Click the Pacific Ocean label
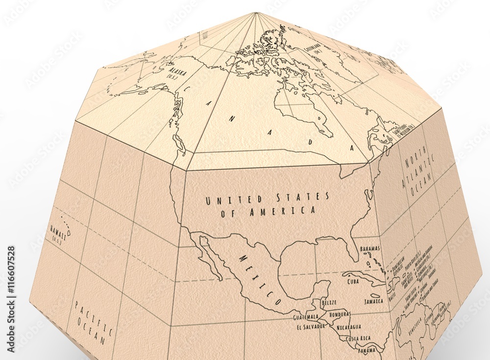(x=92, y=321)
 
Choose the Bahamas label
(x=369, y=249)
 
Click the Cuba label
(x=353, y=282)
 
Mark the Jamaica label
(x=373, y=301)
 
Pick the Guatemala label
(x=305, y=317)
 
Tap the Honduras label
(x=340, y=314)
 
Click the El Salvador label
(x=311, y=326)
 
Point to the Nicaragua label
(x=348, y=327)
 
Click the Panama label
(x=367, y=350)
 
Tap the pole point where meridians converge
(x=255, y=13)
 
